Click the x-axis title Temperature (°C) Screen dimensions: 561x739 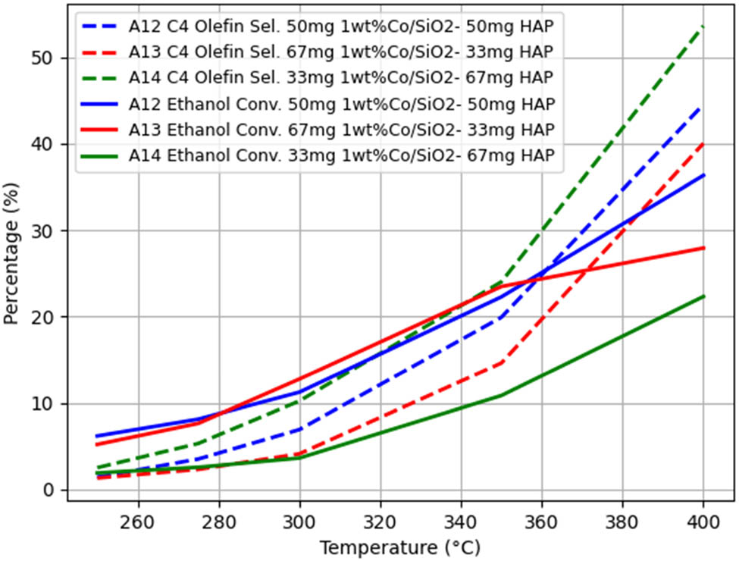coord(399,547)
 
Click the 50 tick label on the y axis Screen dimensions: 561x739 coord(49,58)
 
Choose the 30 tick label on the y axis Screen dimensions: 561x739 coord(49,230)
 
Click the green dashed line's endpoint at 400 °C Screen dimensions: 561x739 coord(703,27)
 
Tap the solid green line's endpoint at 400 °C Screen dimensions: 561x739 coord(703,296)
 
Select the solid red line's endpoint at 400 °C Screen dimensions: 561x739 coord(703,248)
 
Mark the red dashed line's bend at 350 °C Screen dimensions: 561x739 coord(501,363)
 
